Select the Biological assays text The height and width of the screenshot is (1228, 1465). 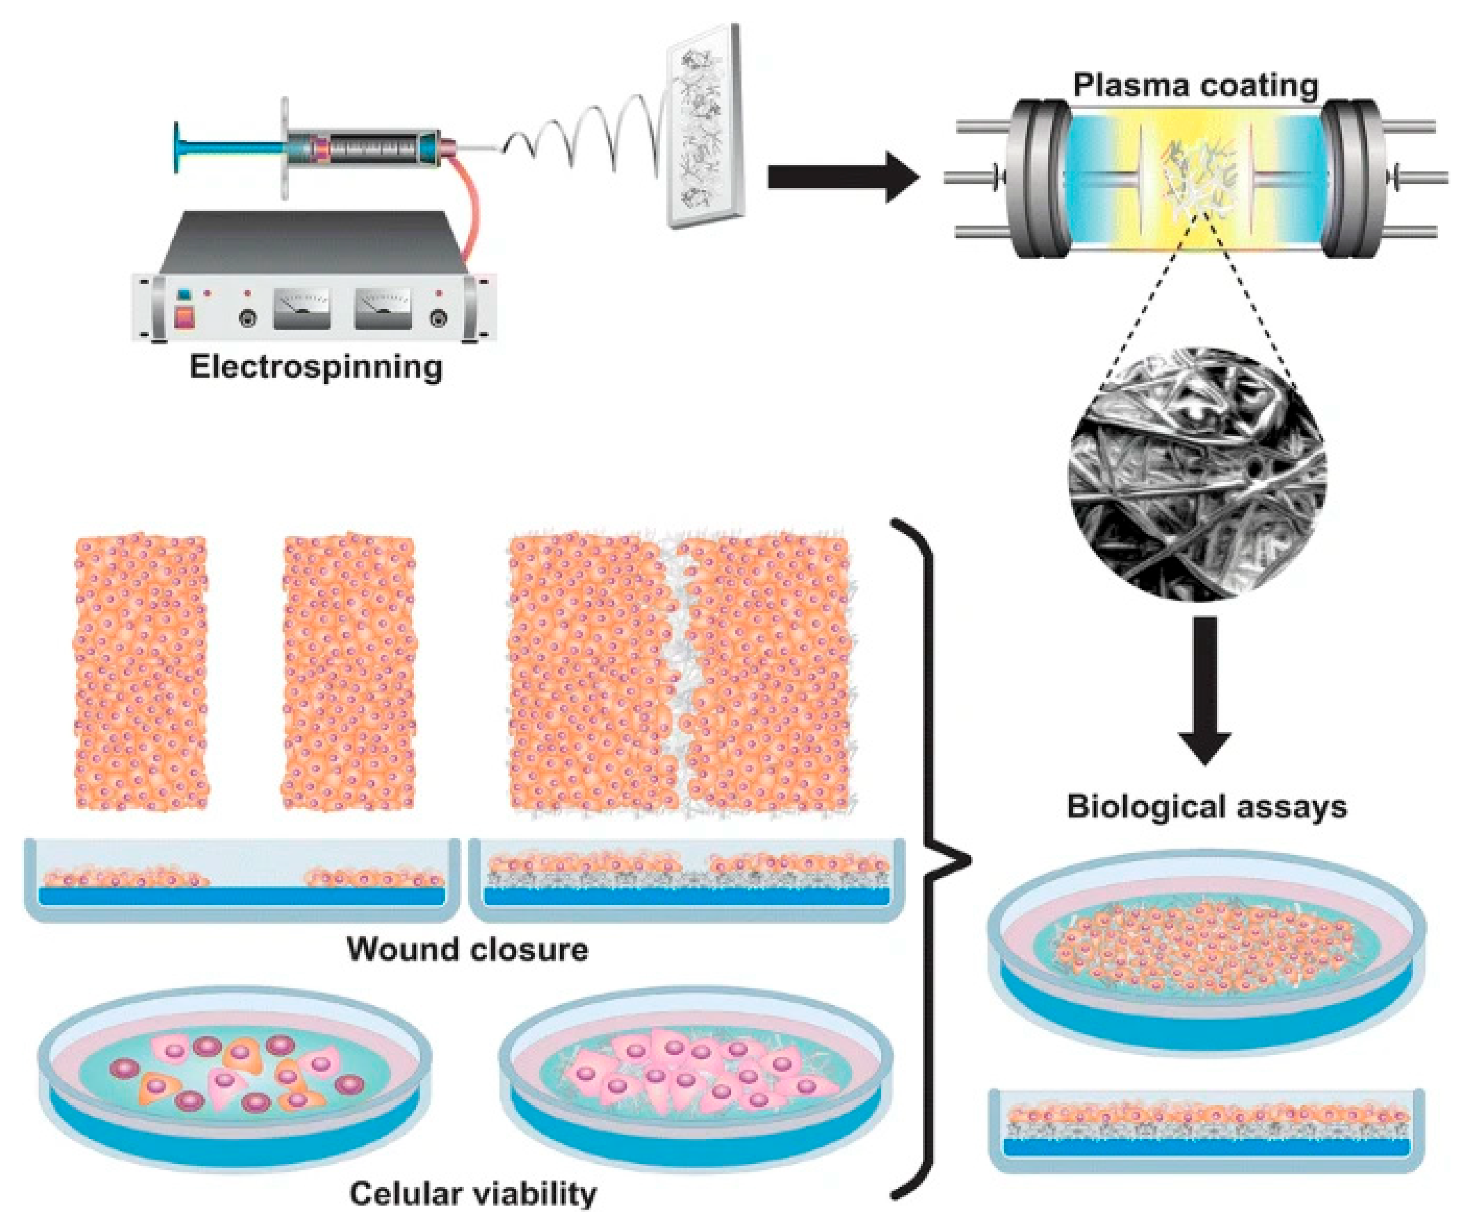pyautogui.click(x=1207, y=807)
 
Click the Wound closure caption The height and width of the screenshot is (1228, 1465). pyautogui.click(x=467, y=949)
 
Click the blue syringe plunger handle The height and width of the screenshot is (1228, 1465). pyautogui.click(x=180, y=146)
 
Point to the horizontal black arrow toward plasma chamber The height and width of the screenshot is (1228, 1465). pyautogui.click(x=841, y=177)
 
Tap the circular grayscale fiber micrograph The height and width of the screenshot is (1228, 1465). pyautogui.click(x=1197, y=474)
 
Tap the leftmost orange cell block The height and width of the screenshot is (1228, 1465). pyautogui.click(x=141, y=673)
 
